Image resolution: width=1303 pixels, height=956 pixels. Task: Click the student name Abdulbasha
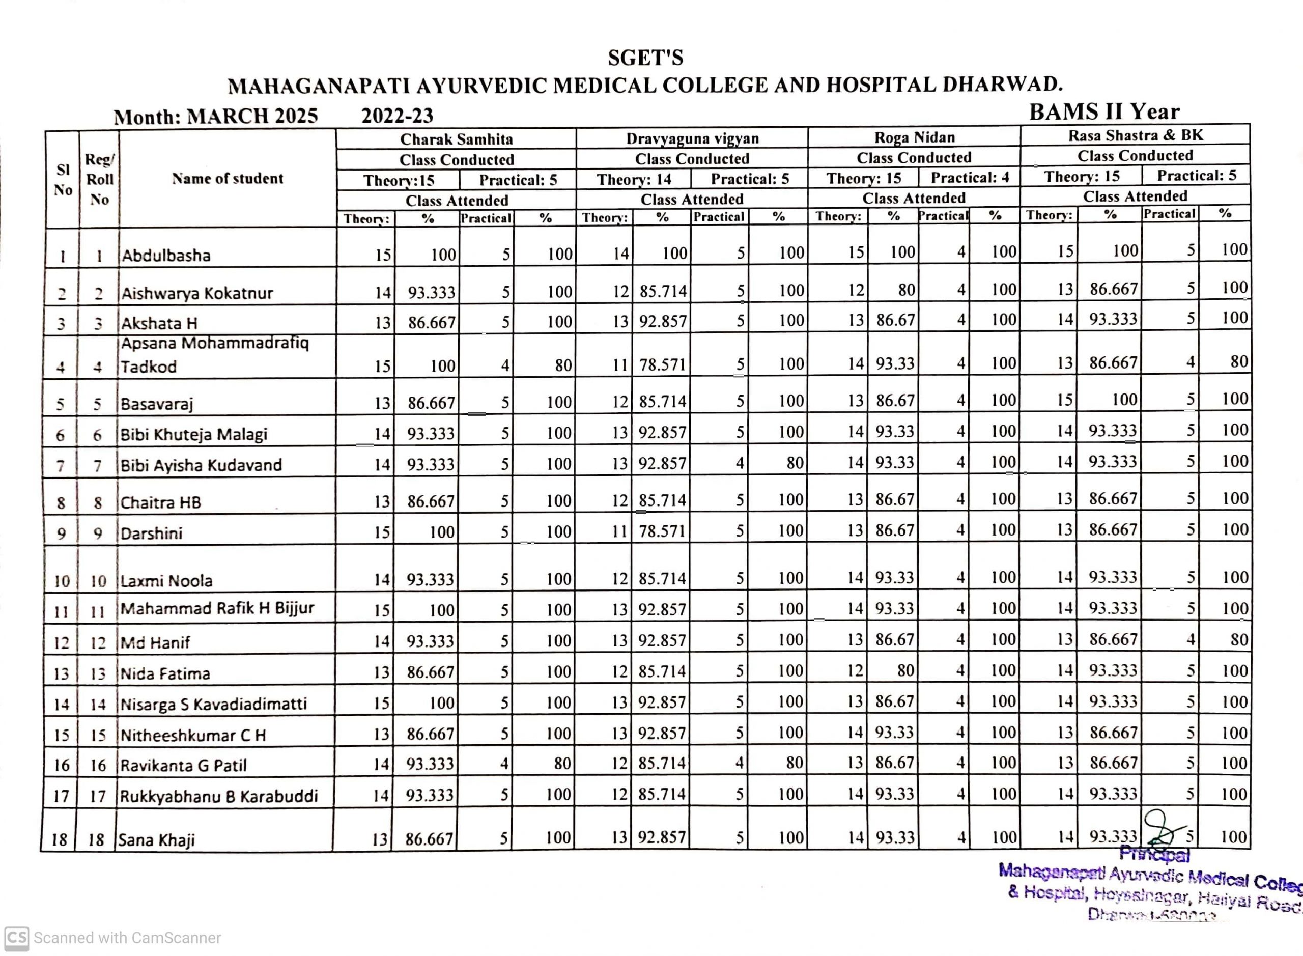point(165,255)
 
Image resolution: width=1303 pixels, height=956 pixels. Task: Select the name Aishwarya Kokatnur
point(197,293)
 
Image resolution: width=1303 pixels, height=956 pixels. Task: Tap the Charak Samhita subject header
point(456,139)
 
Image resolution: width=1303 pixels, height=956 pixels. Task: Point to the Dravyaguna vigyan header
point(692,138)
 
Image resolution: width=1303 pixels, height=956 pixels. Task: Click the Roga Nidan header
point(914,137)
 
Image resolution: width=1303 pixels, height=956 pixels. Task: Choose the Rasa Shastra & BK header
point(1135,135)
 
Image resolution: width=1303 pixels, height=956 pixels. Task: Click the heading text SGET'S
point(645,58)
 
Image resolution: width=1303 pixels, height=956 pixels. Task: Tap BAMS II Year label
point(1104,111)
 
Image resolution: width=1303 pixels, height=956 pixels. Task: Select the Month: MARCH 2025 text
point(216,116)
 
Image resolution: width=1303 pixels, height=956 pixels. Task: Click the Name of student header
point(228,178)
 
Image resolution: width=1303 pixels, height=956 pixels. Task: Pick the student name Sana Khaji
point(156,840)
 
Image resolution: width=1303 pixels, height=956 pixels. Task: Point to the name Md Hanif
point(155,642)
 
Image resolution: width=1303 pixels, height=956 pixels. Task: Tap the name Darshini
point(151,533)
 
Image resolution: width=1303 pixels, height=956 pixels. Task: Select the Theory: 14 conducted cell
point(634,179)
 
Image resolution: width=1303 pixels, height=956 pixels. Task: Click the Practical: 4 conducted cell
point(970,178)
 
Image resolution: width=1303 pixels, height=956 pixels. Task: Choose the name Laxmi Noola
point(166,580)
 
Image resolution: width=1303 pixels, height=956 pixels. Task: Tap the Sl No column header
point(63,179)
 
